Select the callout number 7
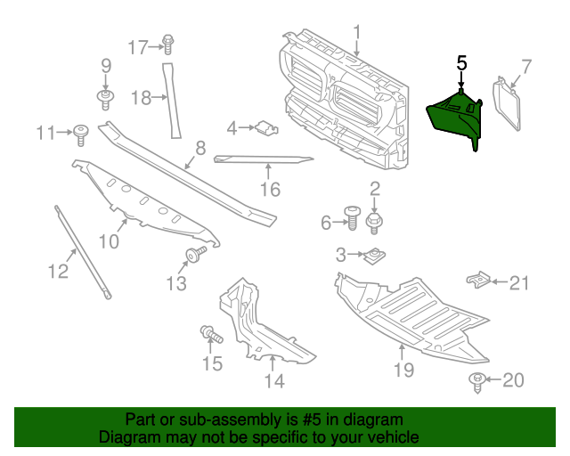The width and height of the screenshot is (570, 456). (x=525, y=65)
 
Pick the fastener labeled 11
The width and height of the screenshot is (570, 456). (x=82, y=134)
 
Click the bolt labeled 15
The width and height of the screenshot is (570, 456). (x=210, y=335)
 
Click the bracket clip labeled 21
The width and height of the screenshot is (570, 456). (x=481, y=281)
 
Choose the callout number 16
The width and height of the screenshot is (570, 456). (x=270, y=189)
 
